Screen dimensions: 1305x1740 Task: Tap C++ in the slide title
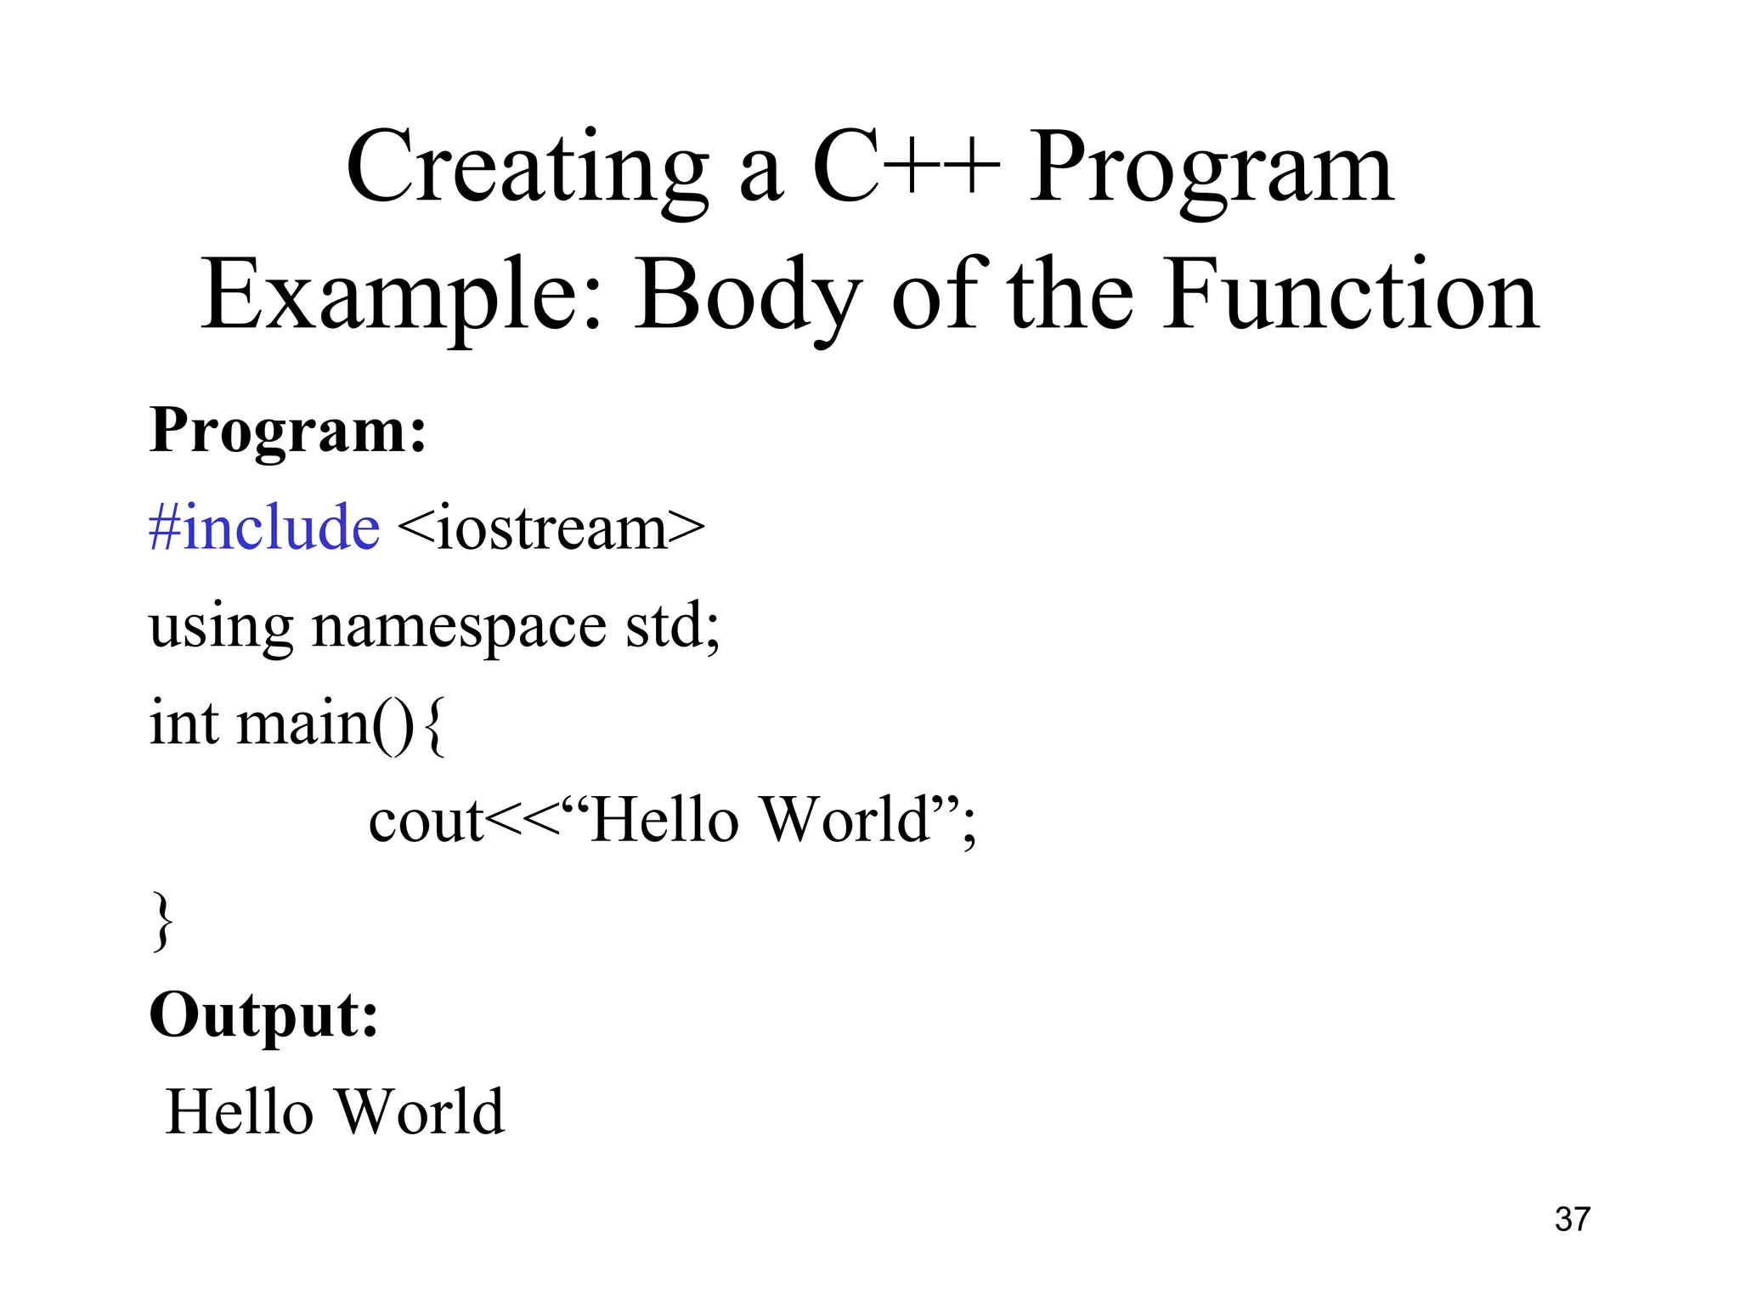click(906, 168)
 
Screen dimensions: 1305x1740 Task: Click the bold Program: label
click(287, 432)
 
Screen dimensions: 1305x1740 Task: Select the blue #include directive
click(263, 528)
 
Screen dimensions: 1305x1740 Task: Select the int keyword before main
click(184, 724)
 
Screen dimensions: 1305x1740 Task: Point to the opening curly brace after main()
click(433, 726)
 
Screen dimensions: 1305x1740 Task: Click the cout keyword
click(425, 822)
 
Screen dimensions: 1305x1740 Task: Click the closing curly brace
click(161, 921)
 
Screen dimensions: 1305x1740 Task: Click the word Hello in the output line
click(240, 1113)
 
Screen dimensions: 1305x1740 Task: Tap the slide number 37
click(1572, 1220)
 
